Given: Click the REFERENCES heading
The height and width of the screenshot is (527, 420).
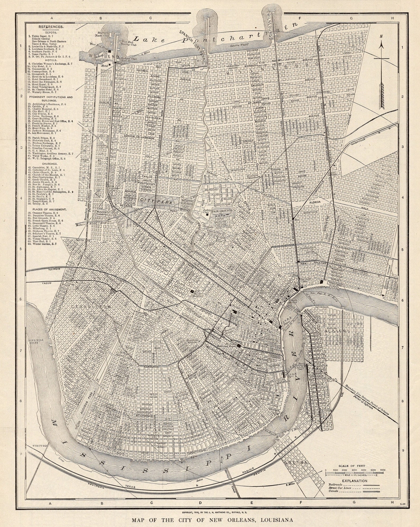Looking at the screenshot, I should click(x=51, y=27).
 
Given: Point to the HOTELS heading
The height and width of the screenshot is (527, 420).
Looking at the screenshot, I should click(x=51, y=60).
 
